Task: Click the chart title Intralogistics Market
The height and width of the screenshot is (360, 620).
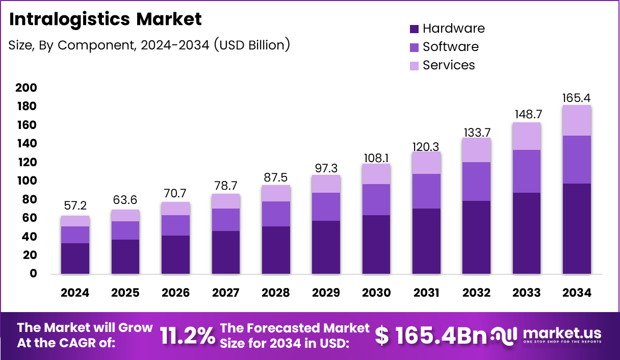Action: pyautogui.click(x=106, y=19)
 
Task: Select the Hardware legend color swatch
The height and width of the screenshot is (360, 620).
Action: pyautogui.click(x=414, y=29)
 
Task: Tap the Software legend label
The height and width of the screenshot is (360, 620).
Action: pyautogui.click(x=450, y=47)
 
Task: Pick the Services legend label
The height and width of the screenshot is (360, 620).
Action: pyautogui.click(x=449, y=65)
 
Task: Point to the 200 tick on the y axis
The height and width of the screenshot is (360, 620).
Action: pyautogui.click(x=26, y=88)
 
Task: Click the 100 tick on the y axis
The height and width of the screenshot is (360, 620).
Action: pyautogui.click(x=26, y=181)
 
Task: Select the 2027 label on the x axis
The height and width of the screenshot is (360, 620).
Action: pyautogui.click(x=225, y=293)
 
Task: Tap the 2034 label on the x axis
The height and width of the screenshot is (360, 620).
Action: pyautogui.click(x=577, y=293)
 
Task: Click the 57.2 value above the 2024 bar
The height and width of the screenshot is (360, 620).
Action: pyautogui.click(x=75, y=207)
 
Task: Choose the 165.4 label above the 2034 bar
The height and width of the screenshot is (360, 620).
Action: pyautogui.click(x=577, y=97)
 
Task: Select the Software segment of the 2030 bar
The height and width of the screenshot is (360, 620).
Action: pyautogui.click(x=376, y=199)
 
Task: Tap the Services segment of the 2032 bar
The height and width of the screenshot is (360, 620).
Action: pyautogui.click(x=476, y=150)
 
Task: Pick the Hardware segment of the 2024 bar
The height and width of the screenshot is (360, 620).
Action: pyautogui.click(x=75, y=259)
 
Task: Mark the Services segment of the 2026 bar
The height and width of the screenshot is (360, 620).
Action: pyautogui.click(x=175, y=209)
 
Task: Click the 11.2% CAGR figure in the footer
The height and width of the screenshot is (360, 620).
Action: pyautogui.click(x=187, y=336)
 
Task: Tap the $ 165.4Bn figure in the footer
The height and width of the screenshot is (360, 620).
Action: pyautogui.click(x=431, y=336)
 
